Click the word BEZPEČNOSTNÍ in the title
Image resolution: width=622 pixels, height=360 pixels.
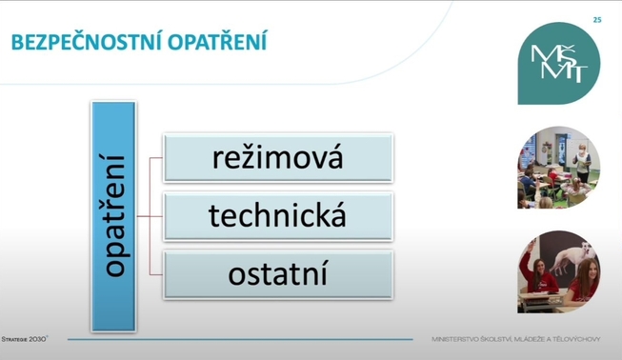pyautogui.click(x=87, y=42)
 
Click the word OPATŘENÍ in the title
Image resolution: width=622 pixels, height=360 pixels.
pyautogui.click(x=217, y=42)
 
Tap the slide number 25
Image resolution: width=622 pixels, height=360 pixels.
pyautogui.click(x=597, y=20)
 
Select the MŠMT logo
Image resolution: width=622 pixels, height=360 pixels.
pyautogui.click(x=559, y=64)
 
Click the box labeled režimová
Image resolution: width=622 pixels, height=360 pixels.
pyautogui.click(x=278, y=158)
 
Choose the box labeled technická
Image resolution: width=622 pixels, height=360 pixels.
pyautogui.click(x=278, y=216)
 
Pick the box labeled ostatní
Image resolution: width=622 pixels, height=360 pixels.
pyautogui.click(x=278, y=274)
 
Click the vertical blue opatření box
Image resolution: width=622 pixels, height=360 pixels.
pyautogui.click(x=113, y=216)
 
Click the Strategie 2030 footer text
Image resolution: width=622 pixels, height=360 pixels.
pyautogui.click(x=25, y=339)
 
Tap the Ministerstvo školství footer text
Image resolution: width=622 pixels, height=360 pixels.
pyautogui.click(x=516, y=339)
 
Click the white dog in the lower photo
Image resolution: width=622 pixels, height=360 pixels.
pyautogui.click(x=572, y=257)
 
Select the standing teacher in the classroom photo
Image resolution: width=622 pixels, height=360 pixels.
pyautogui.click(x=582, y=163)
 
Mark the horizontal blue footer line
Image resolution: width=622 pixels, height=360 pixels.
pyautogui.click(x=240, y=339)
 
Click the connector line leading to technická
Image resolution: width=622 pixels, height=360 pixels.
pyautogui.click(x=150, y=216)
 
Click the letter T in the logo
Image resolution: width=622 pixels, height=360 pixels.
pyautogui.click(x=578, y=73)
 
